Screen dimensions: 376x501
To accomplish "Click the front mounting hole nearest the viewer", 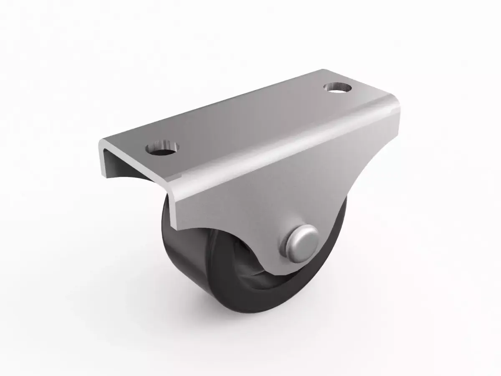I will pyautogui.click(x=162, y=149).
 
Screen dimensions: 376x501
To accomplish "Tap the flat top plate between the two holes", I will pyautogui.click(x=250, y=119).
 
